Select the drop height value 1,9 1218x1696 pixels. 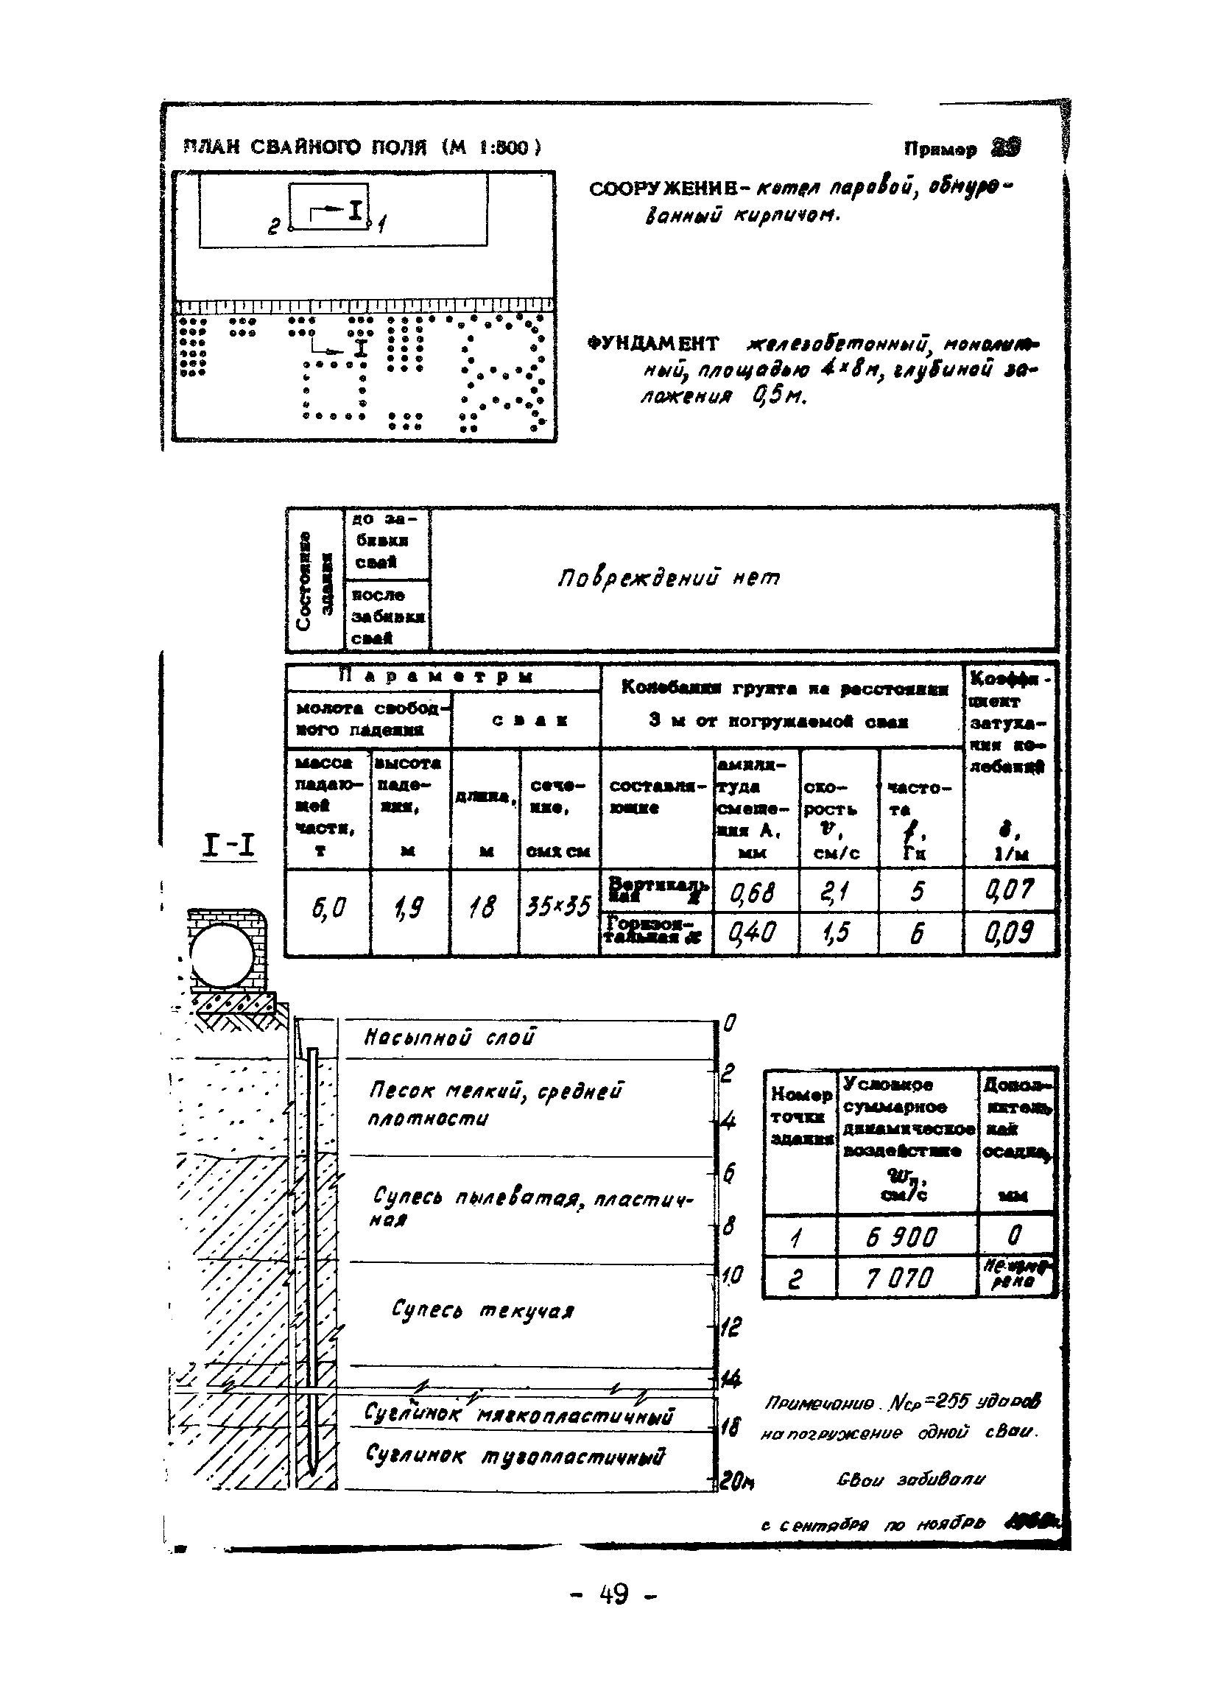[x=409, y=909]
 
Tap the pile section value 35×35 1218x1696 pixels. [x=558, y=907]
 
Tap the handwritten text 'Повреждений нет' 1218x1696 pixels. [x=669, y=579]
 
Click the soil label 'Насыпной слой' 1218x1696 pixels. [x=449, y=1038]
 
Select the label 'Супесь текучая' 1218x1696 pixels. [x=482, y=1309]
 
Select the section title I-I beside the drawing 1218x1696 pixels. [x=229, y=846]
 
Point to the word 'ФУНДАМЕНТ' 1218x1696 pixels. [x=652, y=345]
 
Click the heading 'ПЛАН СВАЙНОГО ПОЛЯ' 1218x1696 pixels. [x=306, y=147]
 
